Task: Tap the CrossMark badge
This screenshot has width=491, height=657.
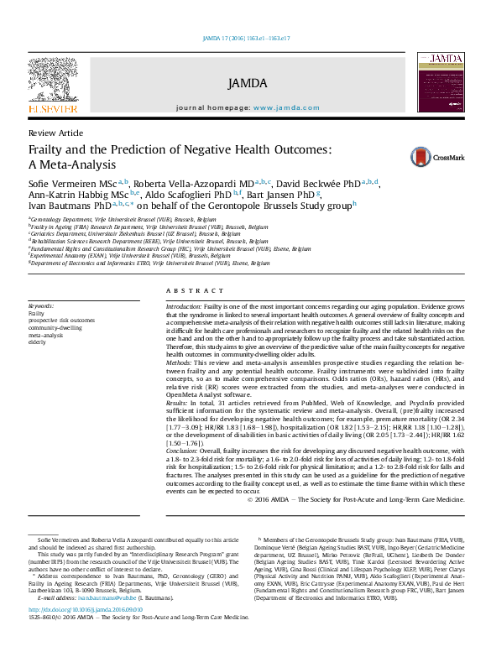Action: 432,156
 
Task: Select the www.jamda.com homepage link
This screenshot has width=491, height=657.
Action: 286,108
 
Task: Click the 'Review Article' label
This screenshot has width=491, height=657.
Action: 55,133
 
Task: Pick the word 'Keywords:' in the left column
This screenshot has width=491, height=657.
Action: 41,306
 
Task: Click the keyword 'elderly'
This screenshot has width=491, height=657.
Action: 38,342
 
